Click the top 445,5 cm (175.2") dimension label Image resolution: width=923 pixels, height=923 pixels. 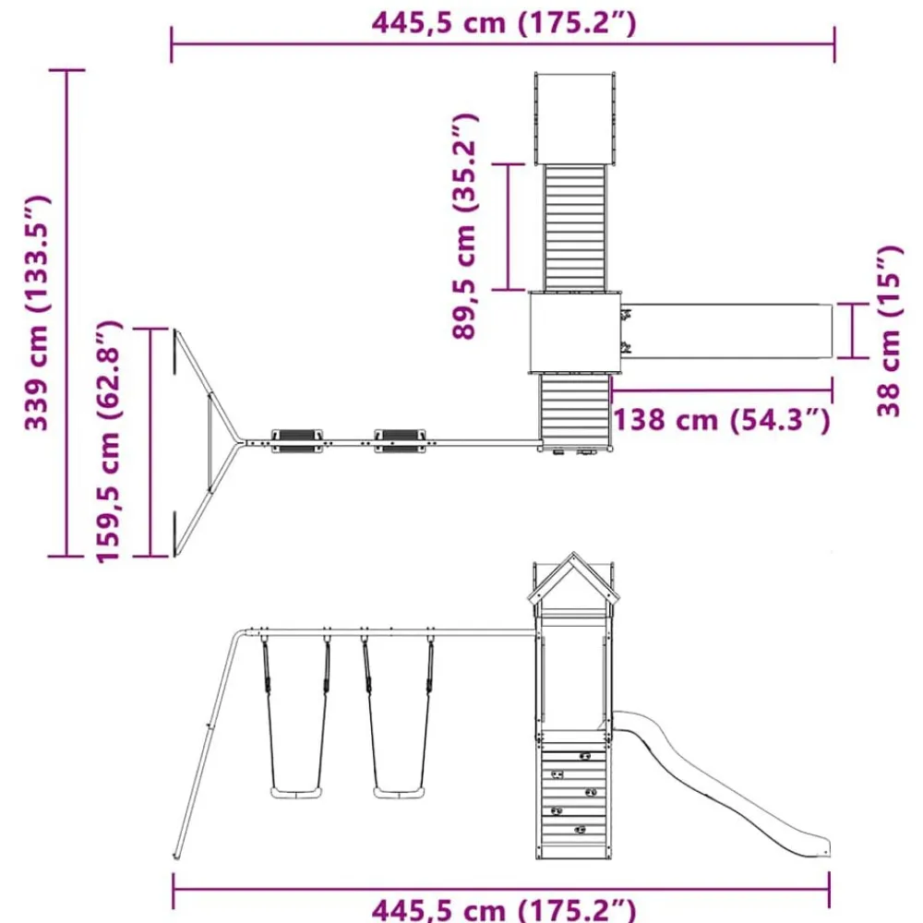[504, 24]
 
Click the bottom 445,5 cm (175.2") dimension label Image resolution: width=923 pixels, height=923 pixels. [504, 909]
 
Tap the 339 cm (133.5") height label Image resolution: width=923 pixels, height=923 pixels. [38, 313]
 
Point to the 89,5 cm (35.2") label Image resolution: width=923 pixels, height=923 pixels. [464, 227]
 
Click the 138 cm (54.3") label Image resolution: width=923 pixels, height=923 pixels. [722, 420]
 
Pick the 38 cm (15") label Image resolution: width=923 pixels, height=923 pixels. [888, 331]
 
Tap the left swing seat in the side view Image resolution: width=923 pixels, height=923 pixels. [296, 792]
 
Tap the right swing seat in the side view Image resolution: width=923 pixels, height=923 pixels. [399, 792]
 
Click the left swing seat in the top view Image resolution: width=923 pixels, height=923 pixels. [296, 441]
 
